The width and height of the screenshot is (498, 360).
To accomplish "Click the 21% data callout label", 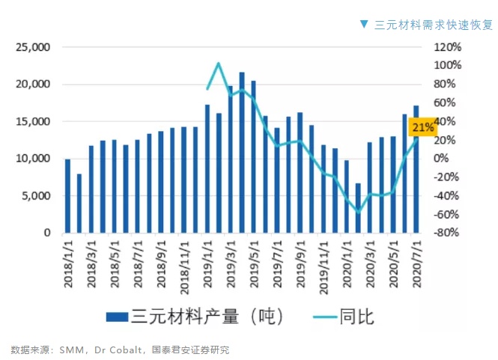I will tap(422, 127).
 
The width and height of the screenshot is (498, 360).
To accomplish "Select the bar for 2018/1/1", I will tap(67, 196).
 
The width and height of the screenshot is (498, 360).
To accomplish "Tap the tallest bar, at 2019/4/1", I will tap(242, 153).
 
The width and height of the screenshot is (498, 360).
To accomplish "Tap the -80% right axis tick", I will tap(447, 233).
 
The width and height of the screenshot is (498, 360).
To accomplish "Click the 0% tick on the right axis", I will tap(442, 159).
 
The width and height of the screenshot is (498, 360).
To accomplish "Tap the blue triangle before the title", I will tap(364, 24).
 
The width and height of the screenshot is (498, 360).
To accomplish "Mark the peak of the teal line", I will tap(219, 64).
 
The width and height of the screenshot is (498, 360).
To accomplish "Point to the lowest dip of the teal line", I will tap(358, 213).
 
